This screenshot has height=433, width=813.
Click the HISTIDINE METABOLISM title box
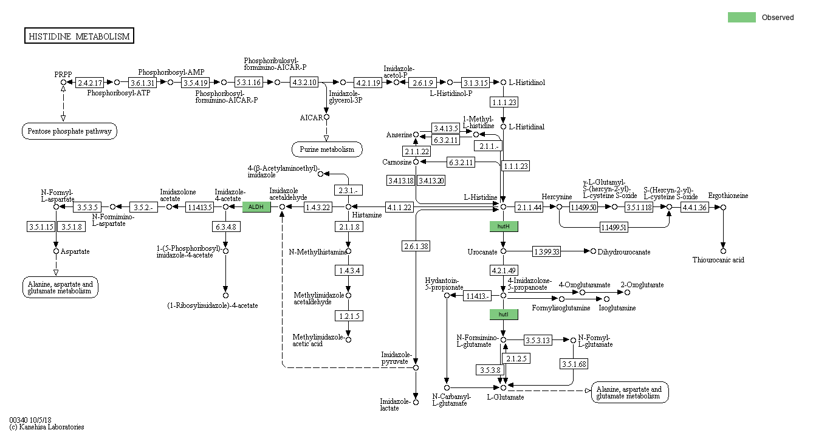[79, 36]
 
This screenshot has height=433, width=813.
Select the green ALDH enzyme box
[256, 207]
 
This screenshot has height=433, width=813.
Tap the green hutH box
[504, 227]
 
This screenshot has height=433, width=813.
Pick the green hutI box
[504, 315]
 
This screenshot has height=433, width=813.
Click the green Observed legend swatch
[741, 18]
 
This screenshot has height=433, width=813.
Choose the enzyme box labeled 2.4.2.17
[90, 82]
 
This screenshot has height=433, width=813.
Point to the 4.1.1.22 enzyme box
[399, 207]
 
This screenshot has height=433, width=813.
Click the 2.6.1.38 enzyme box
[416, 246]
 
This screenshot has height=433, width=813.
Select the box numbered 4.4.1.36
[695, 207]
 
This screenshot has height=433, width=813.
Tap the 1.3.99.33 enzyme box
[547, 251]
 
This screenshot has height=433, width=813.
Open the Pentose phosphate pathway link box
[70, 131]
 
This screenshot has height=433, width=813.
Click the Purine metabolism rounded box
[327, 149]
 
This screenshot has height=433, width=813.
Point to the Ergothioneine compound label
[728, 196]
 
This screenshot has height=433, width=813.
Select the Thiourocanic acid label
[718, 260]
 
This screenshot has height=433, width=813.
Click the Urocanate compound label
[482, 251]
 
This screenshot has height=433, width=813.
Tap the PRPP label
[63, 74]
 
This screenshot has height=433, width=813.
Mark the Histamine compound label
[368, 215]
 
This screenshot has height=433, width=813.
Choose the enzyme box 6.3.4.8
[225, 227]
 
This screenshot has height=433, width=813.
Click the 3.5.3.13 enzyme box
[538, 340]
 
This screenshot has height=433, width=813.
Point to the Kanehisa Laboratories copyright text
[47, 427]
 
